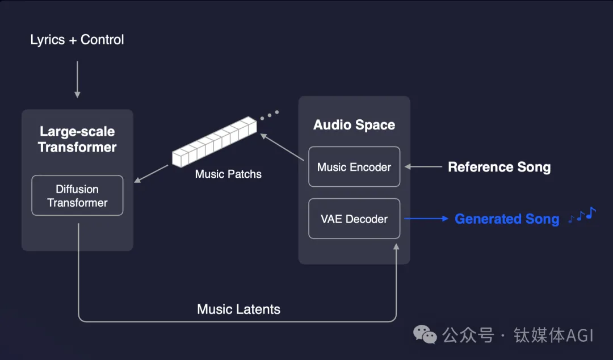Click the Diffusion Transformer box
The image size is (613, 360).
click(x=77, y=195)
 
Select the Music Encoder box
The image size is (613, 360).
click(x=354, y=167)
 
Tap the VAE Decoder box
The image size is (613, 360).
click(x=354, y=219)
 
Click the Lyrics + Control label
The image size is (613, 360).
click(x=77, y=40)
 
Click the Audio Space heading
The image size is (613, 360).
click(x=354, y=125)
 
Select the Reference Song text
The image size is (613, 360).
click(x=499, y=167)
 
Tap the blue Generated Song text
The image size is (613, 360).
click(x=507, y=219)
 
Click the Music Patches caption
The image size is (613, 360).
click(x=228, y=174)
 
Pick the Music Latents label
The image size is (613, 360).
click(x=238, y=309)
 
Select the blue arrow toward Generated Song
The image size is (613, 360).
click(x=426, y=219)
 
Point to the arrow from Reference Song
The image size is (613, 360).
click(x=425, y=167)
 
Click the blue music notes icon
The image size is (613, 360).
click(x=582, y=216)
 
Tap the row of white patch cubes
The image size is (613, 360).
click(x=215, y=142)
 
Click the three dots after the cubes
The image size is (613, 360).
click(x=270, y=115)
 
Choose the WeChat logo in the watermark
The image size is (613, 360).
click(x=425, y=334)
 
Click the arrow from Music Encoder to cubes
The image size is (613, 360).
click(x=282, y=146)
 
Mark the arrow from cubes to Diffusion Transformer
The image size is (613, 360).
click(x=153, y=174)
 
